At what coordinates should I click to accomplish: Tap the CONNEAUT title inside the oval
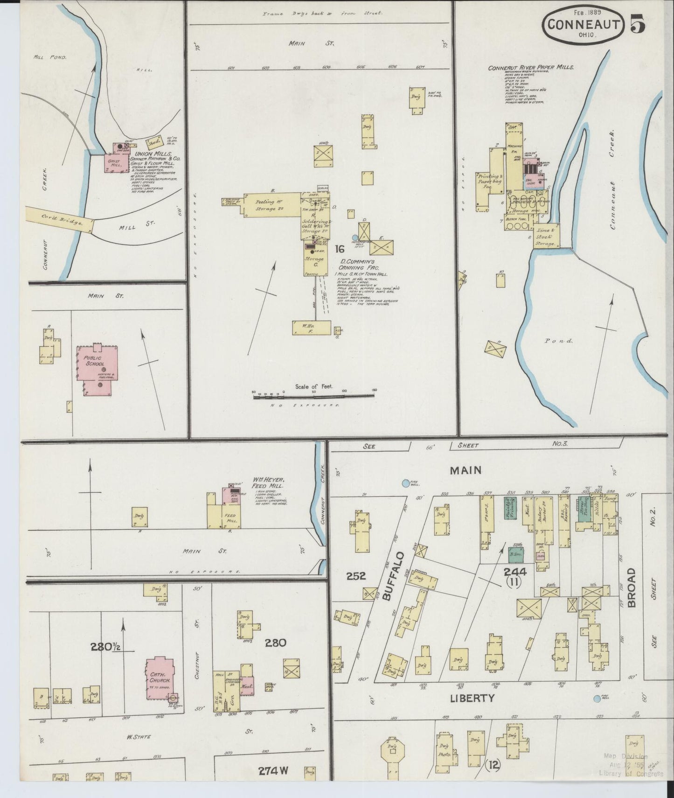[x=583, y=24]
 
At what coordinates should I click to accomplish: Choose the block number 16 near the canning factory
[x=339, y=249]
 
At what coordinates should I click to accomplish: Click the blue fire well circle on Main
[x=406, y=483]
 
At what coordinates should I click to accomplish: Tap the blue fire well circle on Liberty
[x=597, y=699]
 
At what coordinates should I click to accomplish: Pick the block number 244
[x=514, y=571]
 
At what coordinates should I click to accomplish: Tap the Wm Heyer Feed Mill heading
[x=269, y=483]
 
